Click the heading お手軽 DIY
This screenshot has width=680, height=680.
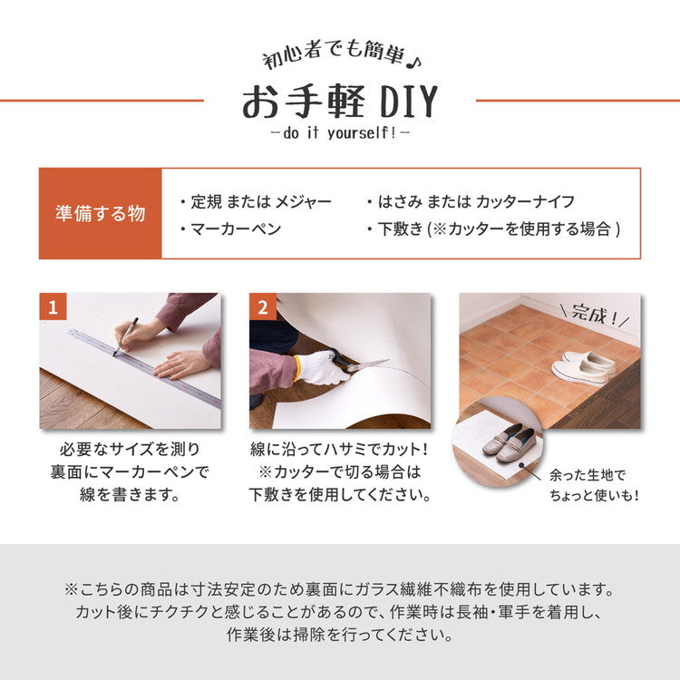tap(339, 103)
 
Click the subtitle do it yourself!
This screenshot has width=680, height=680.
tap(339, 133)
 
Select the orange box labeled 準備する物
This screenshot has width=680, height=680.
tap(100, 214)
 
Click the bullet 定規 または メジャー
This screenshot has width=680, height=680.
tap(256, 201)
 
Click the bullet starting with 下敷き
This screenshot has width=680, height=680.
tap(493, 228)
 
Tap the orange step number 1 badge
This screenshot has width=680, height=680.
tap(53, 307)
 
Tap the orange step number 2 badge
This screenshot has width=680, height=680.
tap(263, 307)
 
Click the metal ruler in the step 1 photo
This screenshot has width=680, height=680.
tap(145, 367)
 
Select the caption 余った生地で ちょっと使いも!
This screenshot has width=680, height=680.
tap(594, 484)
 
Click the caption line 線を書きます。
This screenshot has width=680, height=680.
tap(128, 495)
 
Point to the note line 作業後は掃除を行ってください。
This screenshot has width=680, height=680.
tap(339, 635)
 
